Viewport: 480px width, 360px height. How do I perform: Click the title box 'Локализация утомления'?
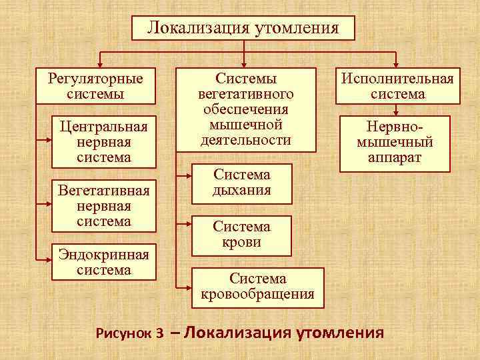(243, 28)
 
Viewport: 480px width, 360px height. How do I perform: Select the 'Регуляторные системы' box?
(95, 86)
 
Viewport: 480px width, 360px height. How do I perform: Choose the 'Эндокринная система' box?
(103, 261)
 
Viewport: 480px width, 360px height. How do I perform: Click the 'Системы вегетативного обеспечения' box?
(245, 109)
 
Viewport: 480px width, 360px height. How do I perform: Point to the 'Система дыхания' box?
(241, 182)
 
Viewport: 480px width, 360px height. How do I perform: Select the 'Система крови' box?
(241, 235)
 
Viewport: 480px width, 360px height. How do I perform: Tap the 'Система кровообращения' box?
(257, 287)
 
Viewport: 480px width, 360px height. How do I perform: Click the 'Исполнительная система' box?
(397, 86)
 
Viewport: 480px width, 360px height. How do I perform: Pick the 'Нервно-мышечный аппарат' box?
(395, 142)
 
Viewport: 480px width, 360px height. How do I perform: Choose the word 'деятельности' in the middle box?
(245, 140)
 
